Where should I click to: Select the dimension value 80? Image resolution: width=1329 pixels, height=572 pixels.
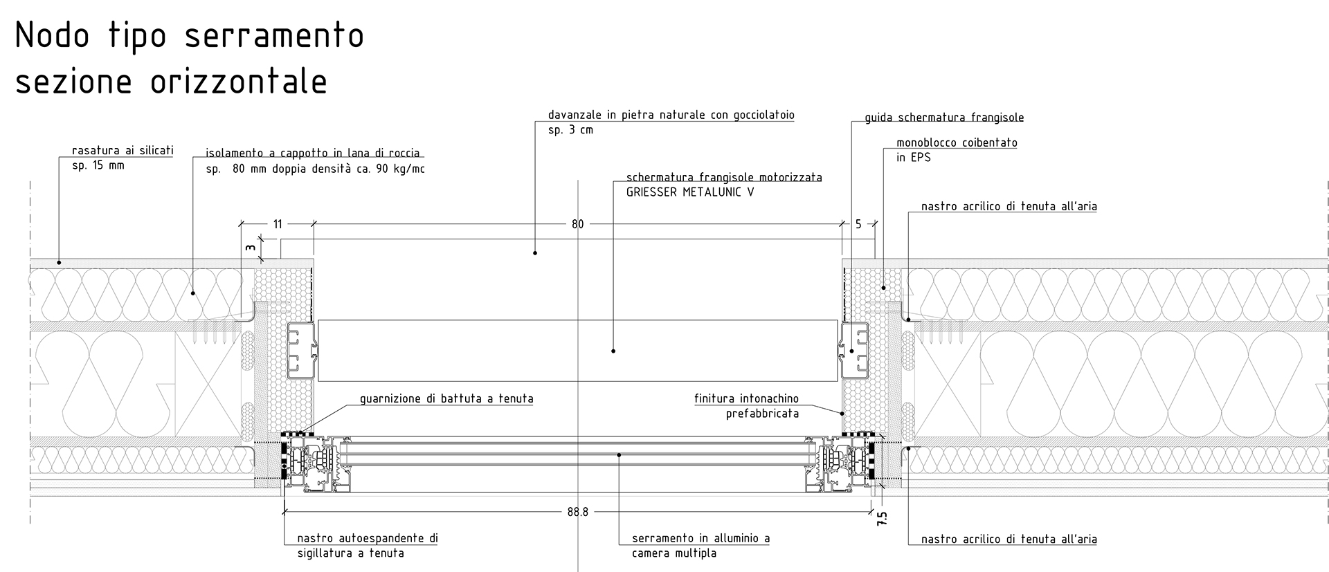[578, 224]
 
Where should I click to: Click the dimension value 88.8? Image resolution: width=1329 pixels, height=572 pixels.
[577, 513]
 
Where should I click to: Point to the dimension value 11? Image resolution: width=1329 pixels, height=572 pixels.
[278, 224]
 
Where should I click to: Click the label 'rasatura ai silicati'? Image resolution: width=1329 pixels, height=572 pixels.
[123, 151]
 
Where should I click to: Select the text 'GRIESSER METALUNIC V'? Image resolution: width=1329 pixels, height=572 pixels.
[690, 192]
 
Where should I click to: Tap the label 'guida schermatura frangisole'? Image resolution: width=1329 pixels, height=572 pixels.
[944, 118]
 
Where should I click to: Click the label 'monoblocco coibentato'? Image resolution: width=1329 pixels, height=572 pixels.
[957, 143]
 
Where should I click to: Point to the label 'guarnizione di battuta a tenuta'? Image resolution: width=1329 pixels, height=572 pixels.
[446, 399]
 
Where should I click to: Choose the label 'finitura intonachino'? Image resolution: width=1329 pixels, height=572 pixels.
[746, 399]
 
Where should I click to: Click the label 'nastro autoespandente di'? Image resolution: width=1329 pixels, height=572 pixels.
[368, 539]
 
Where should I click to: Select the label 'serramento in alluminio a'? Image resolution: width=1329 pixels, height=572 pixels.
[700, 539]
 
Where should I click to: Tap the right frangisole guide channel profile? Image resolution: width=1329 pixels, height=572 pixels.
[855, 351]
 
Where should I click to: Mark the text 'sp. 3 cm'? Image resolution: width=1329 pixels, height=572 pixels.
[570, 130]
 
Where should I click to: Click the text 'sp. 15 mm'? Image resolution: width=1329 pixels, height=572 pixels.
[98, 166]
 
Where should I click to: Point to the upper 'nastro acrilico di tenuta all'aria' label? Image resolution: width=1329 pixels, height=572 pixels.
[1009, 207]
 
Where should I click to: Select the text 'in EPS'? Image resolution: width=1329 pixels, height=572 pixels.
[913, 158]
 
